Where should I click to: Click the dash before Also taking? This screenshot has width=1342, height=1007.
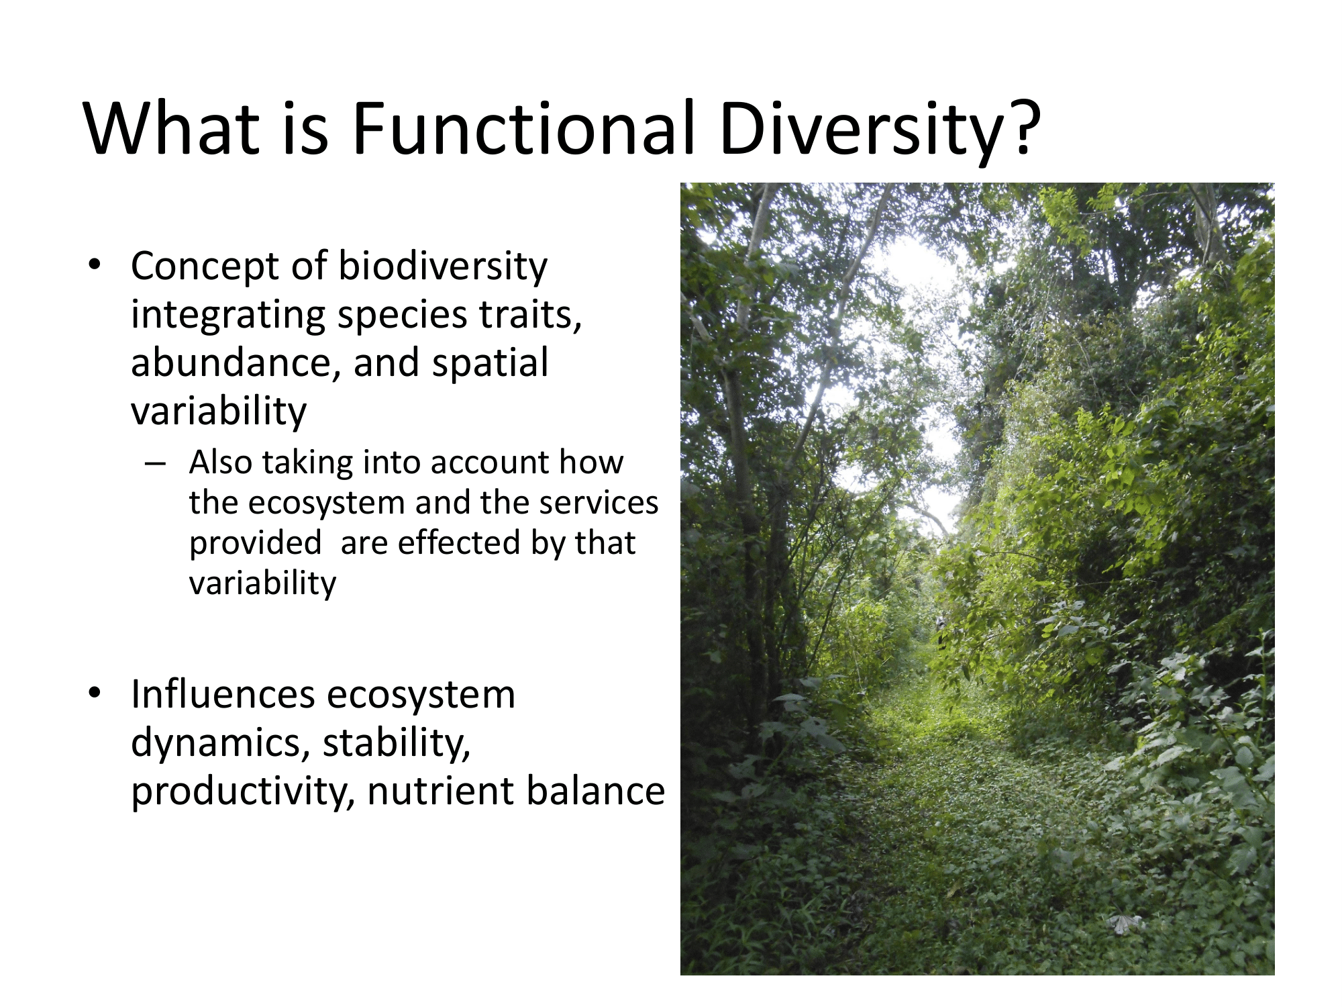click(155, 463)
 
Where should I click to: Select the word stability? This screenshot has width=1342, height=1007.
click(397, 744)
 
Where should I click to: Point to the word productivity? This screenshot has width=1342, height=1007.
click(242, 792)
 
